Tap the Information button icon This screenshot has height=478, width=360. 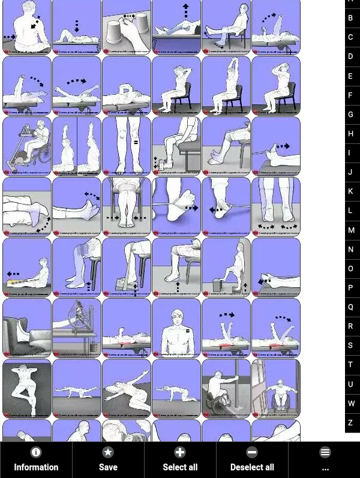point(36,452)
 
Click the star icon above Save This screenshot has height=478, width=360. point(108,452)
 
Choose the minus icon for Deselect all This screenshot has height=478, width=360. point(252,452)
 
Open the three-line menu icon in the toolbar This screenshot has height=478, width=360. point(325,452)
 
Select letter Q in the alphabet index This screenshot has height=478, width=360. point(350,307)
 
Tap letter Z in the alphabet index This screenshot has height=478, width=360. point(350,423)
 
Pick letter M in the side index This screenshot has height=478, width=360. point(350,230)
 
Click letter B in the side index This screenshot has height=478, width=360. point(350,18)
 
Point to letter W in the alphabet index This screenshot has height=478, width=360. point(350,404)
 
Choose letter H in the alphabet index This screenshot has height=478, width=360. point(350,134)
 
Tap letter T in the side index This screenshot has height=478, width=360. point(350,365)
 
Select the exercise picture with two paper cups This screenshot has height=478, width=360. point(127,27)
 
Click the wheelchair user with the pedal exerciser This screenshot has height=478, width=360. point(27,146)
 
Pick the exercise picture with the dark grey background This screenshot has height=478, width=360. point(27,389)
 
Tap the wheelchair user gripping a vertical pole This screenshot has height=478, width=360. point(226,389)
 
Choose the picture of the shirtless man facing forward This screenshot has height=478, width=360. point(176,328)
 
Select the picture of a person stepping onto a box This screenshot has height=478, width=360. point(226,267)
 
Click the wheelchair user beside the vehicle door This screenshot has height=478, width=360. point(276,389)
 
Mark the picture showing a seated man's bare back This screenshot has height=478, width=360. point(27,27)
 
